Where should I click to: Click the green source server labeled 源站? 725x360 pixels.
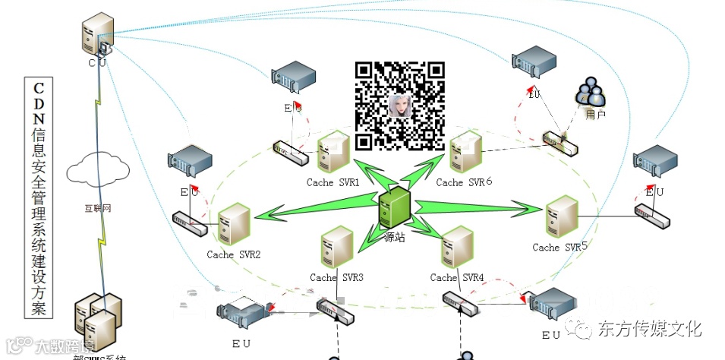[395, 209]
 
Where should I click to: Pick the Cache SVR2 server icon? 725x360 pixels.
[234, 226]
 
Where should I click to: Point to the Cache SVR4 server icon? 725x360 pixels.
[456, 248]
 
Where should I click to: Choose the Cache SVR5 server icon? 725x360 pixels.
[562, 218]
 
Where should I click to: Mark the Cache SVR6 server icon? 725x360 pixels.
[465, 153]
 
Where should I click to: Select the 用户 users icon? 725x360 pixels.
[591, 94]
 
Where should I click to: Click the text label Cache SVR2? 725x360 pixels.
[233, 254]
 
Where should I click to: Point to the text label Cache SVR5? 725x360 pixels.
[560, 247]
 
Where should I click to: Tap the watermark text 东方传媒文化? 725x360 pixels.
[650, 329]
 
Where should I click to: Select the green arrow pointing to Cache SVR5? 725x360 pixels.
[478, 205]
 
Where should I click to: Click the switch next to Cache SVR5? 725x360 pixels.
[652, 218]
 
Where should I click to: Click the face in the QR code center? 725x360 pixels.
[400, 106]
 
